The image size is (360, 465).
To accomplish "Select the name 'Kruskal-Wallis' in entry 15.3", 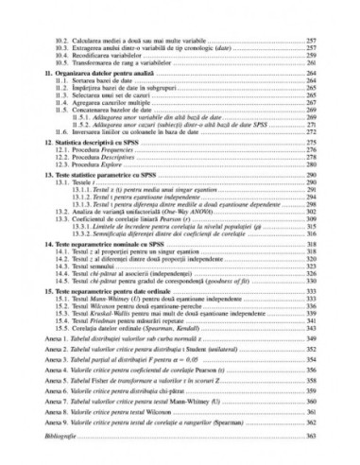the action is tap(114, 332).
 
